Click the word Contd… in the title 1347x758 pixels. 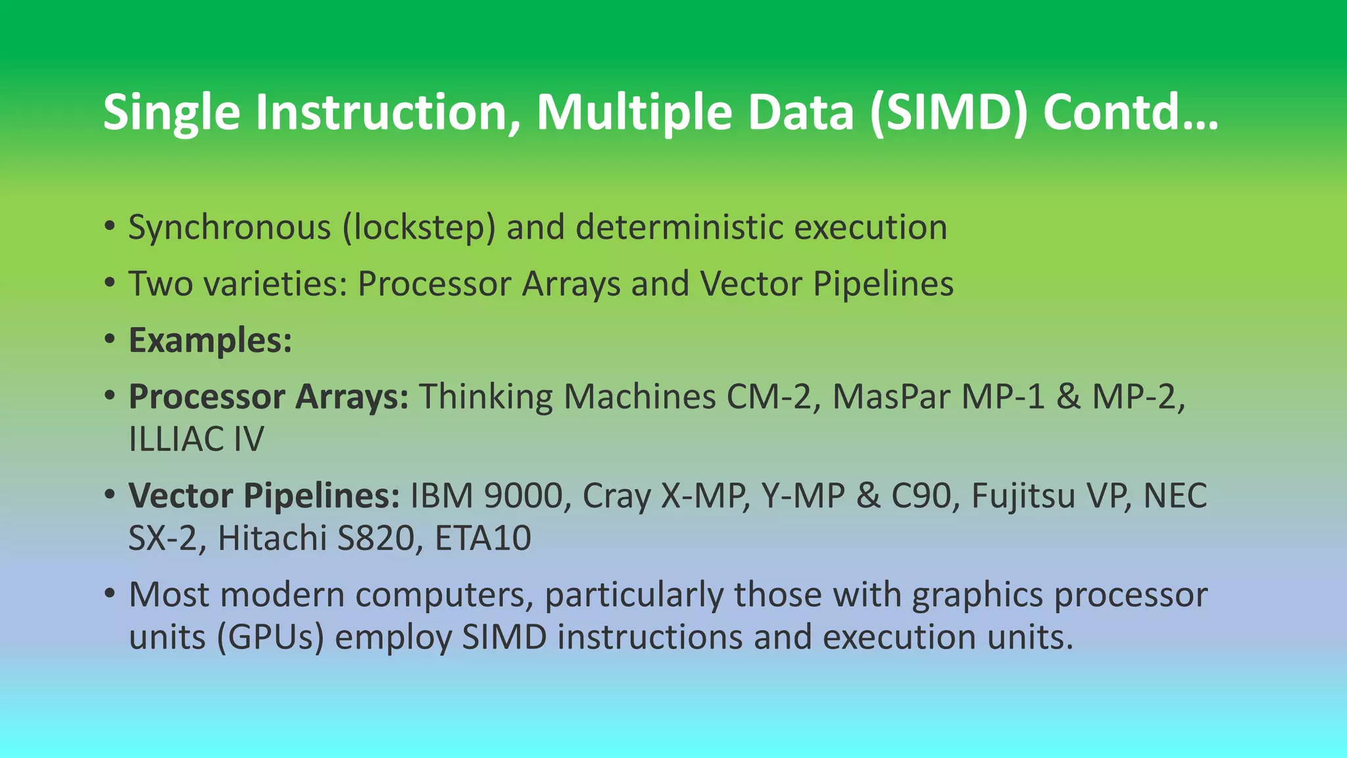tap(1130, 112)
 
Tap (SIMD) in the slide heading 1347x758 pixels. tap(947, 112)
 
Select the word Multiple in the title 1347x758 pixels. tap(634, 112)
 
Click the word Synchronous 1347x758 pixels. tap(230, 228)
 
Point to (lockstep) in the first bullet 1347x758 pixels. tap(418, 228)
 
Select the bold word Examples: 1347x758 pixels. tap(210, 340)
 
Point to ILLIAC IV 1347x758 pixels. tap(196, 440)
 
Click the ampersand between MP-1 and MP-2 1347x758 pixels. tap(1068, 397)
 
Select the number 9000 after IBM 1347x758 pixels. tap(524, 495)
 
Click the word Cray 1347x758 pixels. tap(616, 495)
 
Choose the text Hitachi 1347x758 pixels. tap(272, 538)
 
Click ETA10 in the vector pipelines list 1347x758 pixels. tap(483, 538)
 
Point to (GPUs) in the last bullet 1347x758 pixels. tap(270, 637)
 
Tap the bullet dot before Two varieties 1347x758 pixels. tap(110, 284)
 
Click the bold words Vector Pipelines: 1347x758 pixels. tap(264, 495)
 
